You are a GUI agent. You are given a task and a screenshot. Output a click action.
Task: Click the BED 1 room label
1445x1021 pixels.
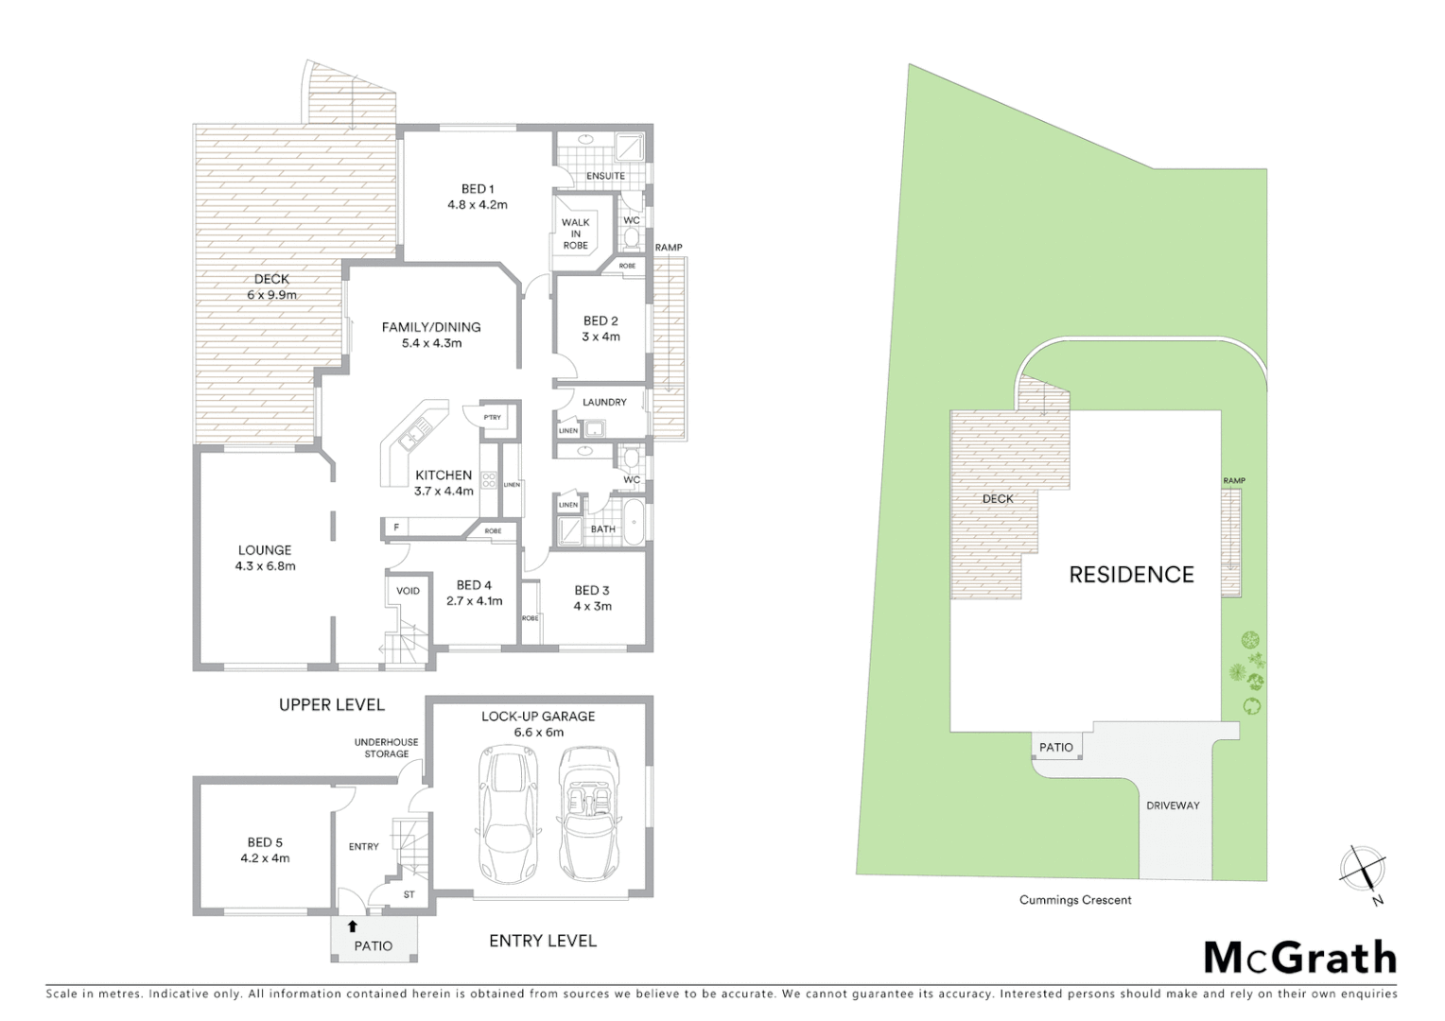pyautogui.click(x=478, y=189)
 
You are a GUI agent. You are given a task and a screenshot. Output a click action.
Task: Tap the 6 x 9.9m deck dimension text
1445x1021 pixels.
pyautogui.click(x=271, y=295)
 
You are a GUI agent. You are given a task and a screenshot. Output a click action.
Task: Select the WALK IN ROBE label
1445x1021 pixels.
pyautogui.click(x=575, y=234)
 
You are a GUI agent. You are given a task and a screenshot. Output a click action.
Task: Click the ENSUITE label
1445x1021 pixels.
pyautogui.click(x=605, y=176)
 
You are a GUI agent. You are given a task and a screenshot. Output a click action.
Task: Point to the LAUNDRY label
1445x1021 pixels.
pyautogui.click(x=604, y=402)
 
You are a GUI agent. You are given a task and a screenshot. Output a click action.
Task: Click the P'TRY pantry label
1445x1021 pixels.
pyautogui.click(x=493, y=417)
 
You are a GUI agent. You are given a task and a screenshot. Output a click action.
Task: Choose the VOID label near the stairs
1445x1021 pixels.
pyautogui.click(x=408, y=591)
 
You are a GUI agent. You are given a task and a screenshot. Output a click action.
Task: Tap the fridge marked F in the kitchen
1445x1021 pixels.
pyautogui.click(x=396, y=528)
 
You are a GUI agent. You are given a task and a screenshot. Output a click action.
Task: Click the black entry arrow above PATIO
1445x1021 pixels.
pyautogui.click(x=353, y=926)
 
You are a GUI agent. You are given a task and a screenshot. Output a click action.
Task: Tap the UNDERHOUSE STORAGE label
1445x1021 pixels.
pyautogui.click(x=386, y=748)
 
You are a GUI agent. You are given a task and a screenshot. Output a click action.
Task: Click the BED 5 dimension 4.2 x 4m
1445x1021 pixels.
pyautogui.click(x=265, y=858)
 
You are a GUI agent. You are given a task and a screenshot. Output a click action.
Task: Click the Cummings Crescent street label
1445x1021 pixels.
pyautogui.click(x=1075, y=900)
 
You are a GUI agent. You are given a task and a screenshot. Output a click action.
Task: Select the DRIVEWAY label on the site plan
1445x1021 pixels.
pyautogui.click(x=1173, y=805)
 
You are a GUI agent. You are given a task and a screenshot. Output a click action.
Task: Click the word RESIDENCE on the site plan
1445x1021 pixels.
pyautogui.click(x=1131, y=575)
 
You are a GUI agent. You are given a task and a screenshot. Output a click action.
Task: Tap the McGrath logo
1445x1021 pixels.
pyautogui.click(x=1300, y=958)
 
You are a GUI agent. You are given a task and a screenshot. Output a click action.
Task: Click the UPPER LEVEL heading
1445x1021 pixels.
pyautogui.click(x=332, y=705)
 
